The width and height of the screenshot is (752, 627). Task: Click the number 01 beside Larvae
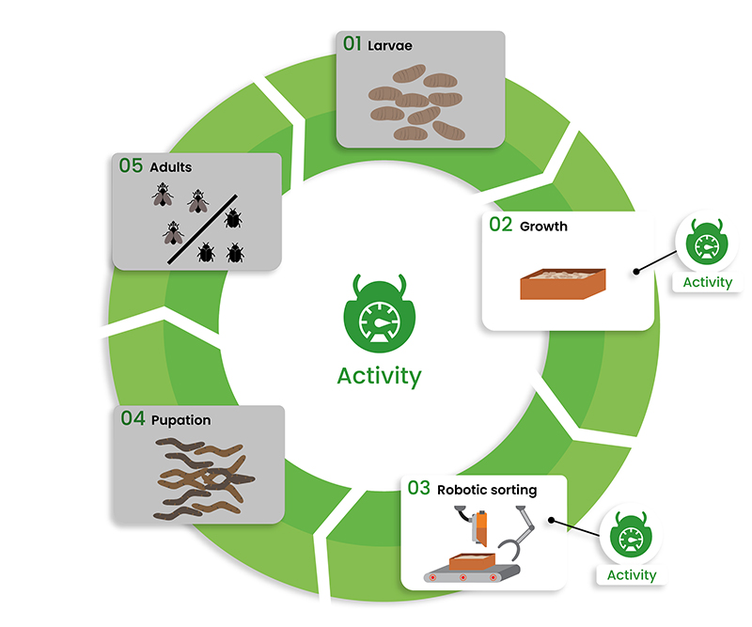[352, 44]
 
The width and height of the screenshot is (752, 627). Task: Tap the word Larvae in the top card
[389, 45]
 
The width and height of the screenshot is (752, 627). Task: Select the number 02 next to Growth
[500, 226]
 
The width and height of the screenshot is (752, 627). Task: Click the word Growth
[543, 227]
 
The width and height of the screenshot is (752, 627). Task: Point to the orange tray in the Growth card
[563, 284]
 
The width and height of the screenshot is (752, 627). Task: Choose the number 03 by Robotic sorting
[419, 488]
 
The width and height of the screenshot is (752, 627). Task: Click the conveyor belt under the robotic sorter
[471, 574]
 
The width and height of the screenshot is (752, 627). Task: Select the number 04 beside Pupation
[133, 419]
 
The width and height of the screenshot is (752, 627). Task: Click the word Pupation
[180, 420]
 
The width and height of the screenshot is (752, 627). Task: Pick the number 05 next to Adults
[131, 166]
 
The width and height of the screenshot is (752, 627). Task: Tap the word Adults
[171, 167]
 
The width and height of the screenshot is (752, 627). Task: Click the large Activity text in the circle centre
[379, 376]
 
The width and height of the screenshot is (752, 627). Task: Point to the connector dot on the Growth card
[637, 273]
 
